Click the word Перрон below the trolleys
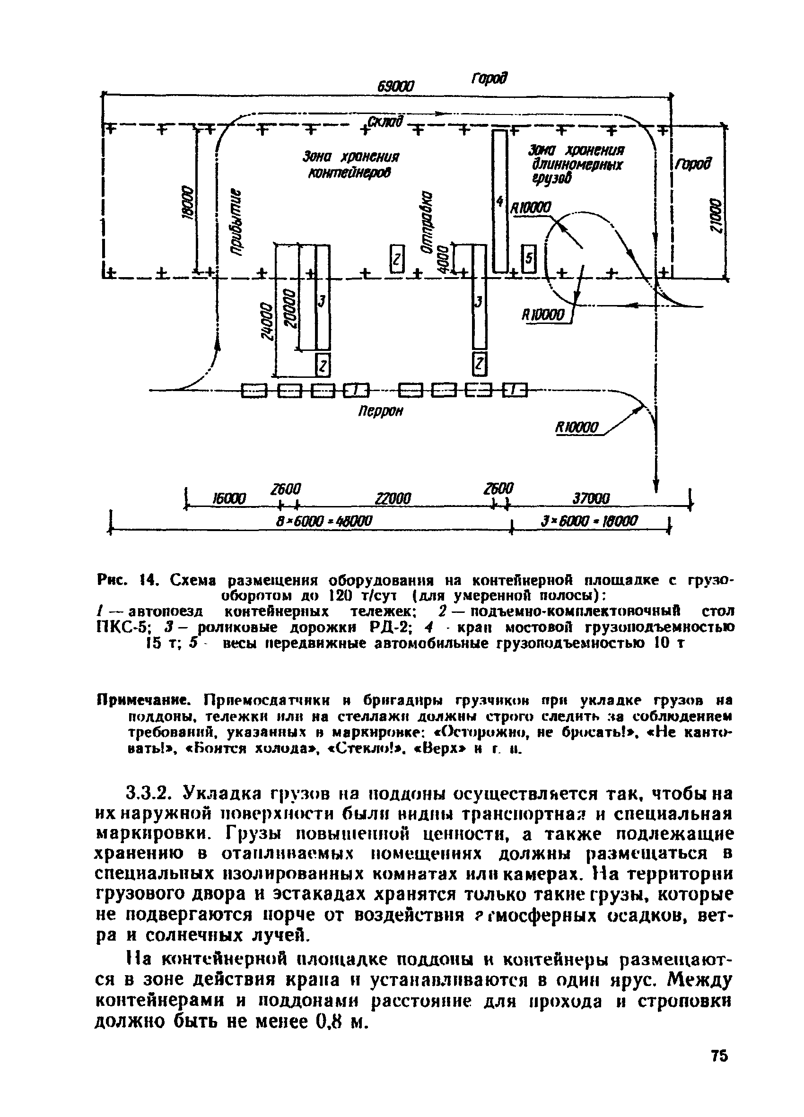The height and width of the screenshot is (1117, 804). coord(380,411)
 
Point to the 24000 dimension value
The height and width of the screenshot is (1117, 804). coord(267,321)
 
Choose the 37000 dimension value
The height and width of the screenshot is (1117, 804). coord(591,499)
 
